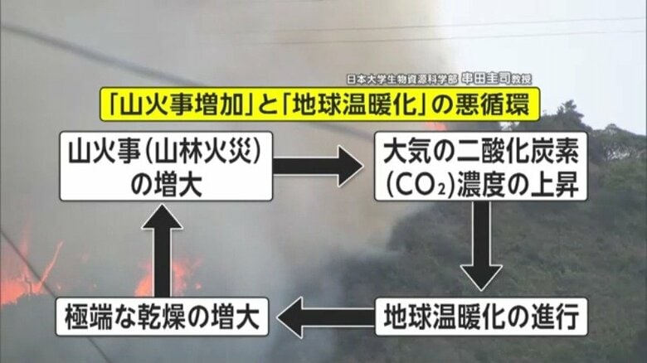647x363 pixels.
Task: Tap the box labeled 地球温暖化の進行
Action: [480, 316]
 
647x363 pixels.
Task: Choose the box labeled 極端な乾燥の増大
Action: [162, 316]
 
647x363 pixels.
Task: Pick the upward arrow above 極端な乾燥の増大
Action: [163, 249]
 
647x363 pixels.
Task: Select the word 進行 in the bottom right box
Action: [543, 316]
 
